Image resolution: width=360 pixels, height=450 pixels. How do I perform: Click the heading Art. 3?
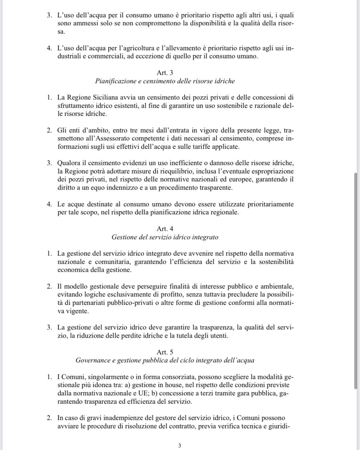[x=165, y=73]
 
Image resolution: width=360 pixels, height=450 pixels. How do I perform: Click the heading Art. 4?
[x=165, y=229]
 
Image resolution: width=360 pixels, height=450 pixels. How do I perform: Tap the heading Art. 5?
[x=165, y=352]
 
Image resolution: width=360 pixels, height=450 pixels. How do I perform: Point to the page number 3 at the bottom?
[x=179, y=446]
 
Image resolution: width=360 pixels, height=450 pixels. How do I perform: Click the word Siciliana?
[x=105, y=98]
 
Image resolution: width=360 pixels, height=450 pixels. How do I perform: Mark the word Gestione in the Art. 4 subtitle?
[x=124, y=237]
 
